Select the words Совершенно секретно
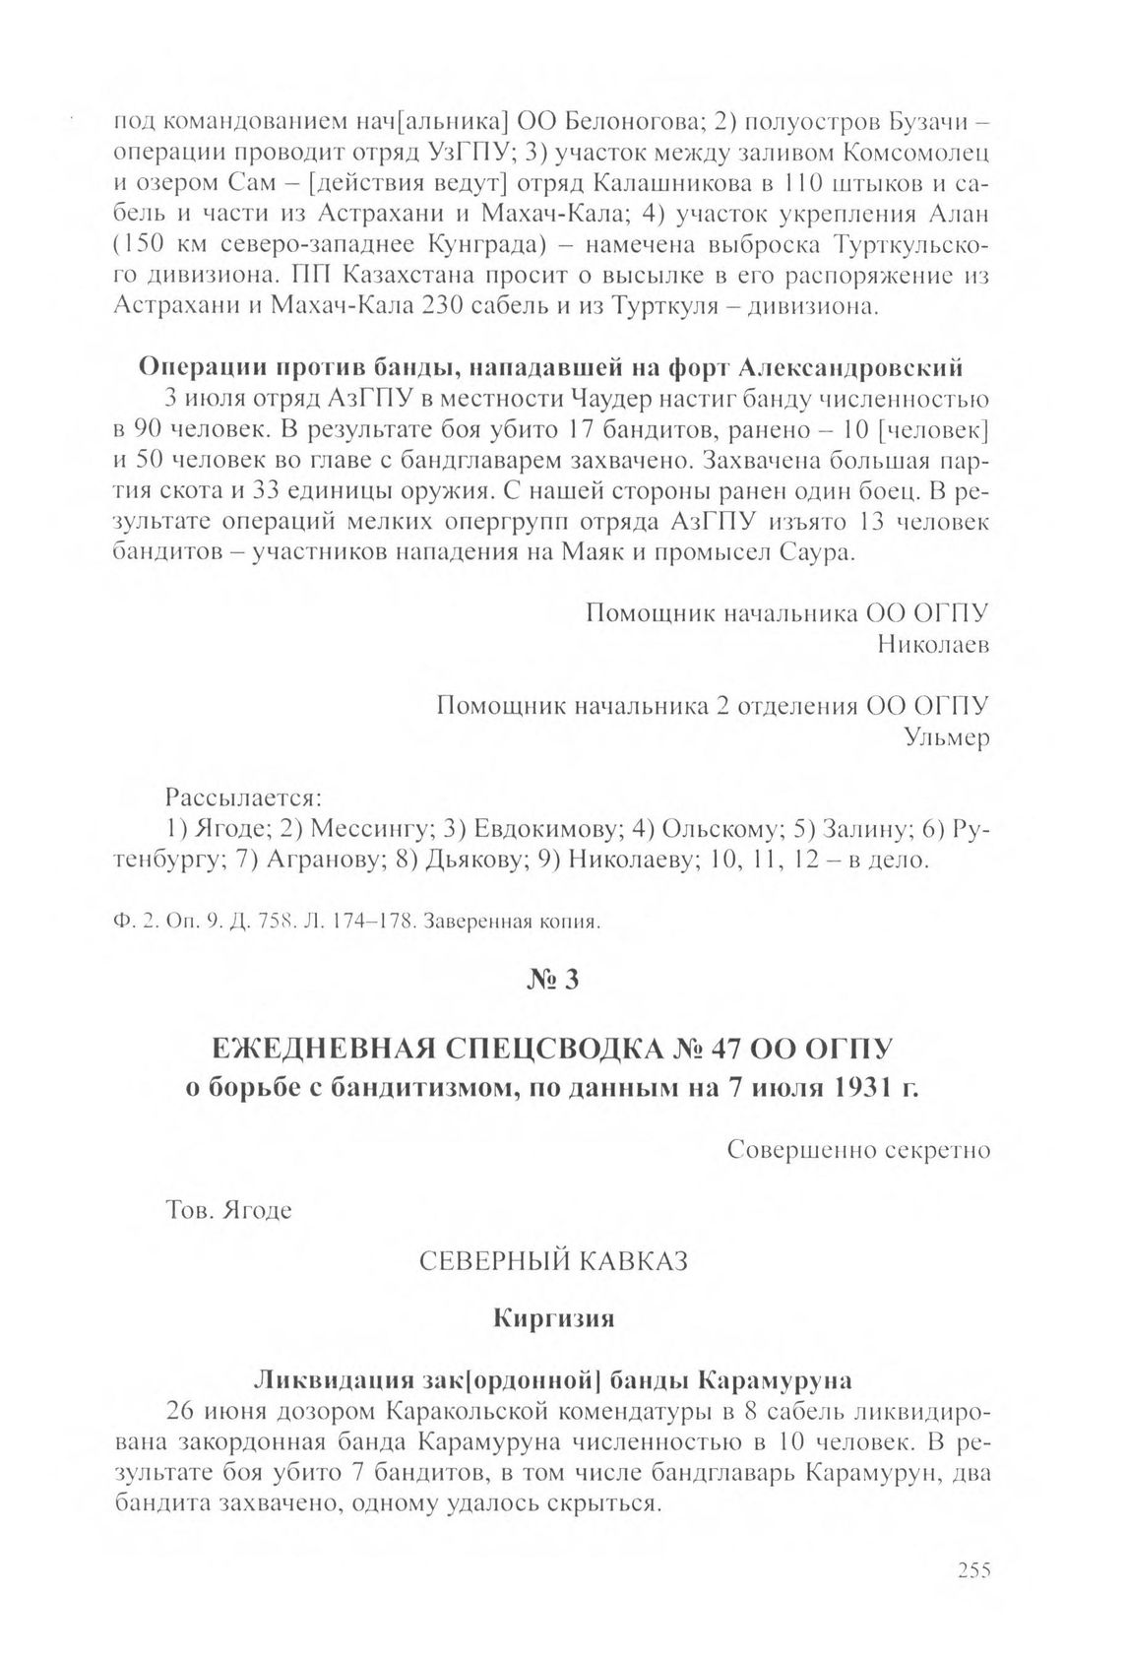point(858,1150)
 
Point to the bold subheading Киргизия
point(553,1319)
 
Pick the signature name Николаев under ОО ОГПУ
point(933,645)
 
